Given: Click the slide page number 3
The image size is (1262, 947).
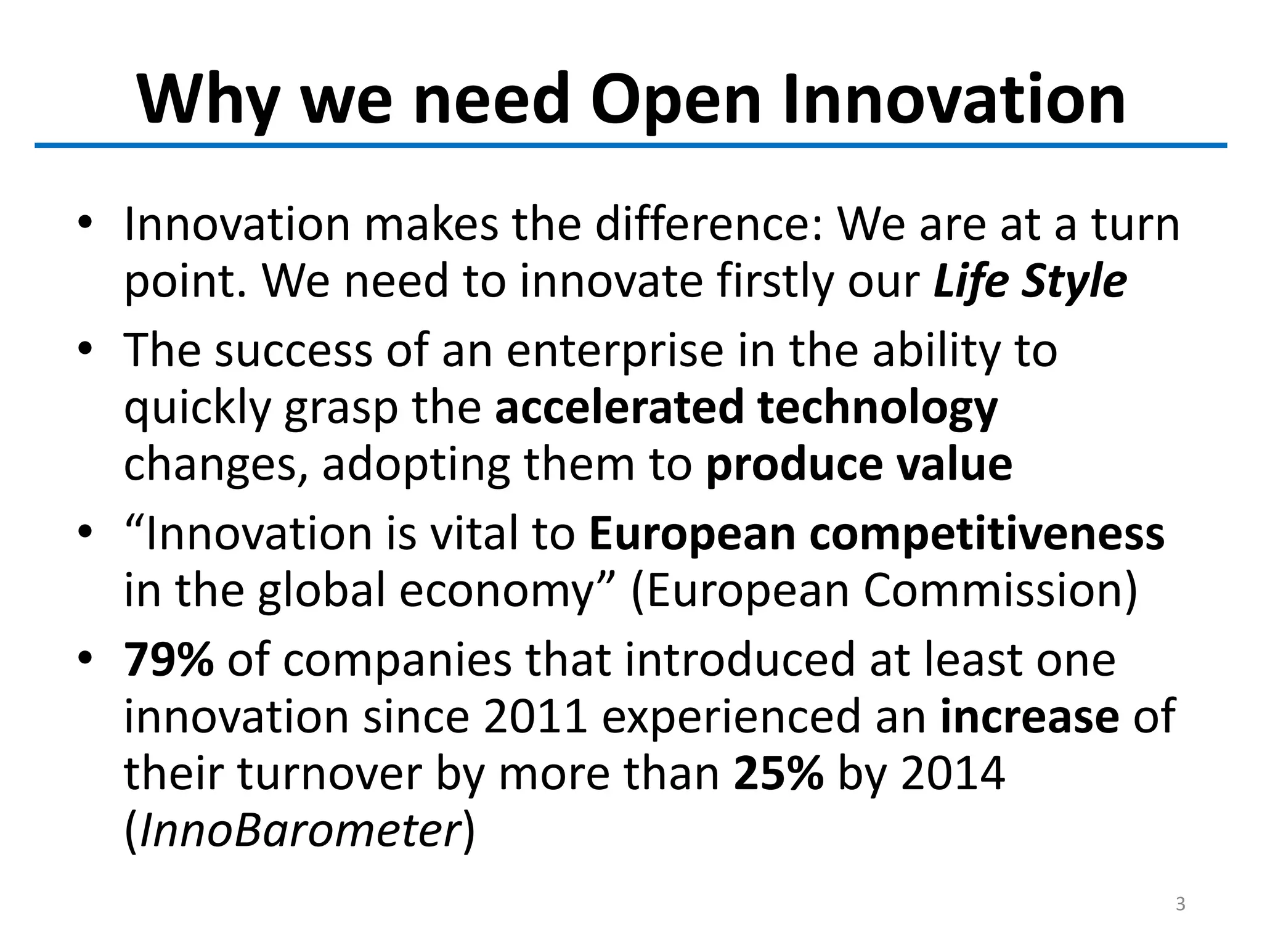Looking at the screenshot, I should pos(1180,904).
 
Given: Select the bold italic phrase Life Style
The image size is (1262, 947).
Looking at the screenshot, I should pos(1030,282).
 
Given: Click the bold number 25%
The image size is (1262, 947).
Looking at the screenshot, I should pos(778,774).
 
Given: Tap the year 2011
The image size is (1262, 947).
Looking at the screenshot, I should pos(535,716).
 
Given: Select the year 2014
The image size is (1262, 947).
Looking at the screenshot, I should pos(953,774).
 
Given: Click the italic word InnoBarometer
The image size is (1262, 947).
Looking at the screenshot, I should pos(300,831).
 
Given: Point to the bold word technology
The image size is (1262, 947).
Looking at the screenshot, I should pos(877,408).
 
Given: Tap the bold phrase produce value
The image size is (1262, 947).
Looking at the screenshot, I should pos(858,464).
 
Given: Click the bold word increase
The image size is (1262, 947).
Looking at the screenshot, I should pos(1030,716).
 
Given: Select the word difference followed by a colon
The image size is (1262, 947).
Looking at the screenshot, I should pos(707,224).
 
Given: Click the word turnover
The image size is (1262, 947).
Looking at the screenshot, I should pos(329,774).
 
